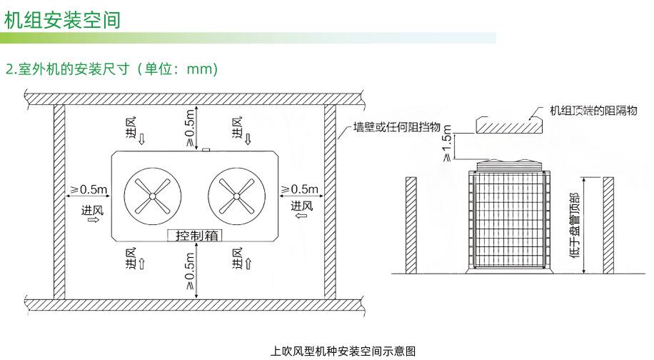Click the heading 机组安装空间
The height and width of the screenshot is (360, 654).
[x=62, y=20]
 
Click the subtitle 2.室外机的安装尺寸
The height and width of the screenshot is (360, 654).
[x=111, y=69]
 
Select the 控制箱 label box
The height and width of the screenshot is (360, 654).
[x=193, y=235]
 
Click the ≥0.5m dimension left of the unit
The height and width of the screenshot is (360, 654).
[x=89, y=189]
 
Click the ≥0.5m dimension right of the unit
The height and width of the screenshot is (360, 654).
[x=298, y=189]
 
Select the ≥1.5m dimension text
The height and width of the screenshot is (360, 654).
[x=448, y=145]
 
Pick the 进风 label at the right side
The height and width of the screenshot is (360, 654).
[x=302, y=206]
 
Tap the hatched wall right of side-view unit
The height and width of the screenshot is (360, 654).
[x=608, y=224]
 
